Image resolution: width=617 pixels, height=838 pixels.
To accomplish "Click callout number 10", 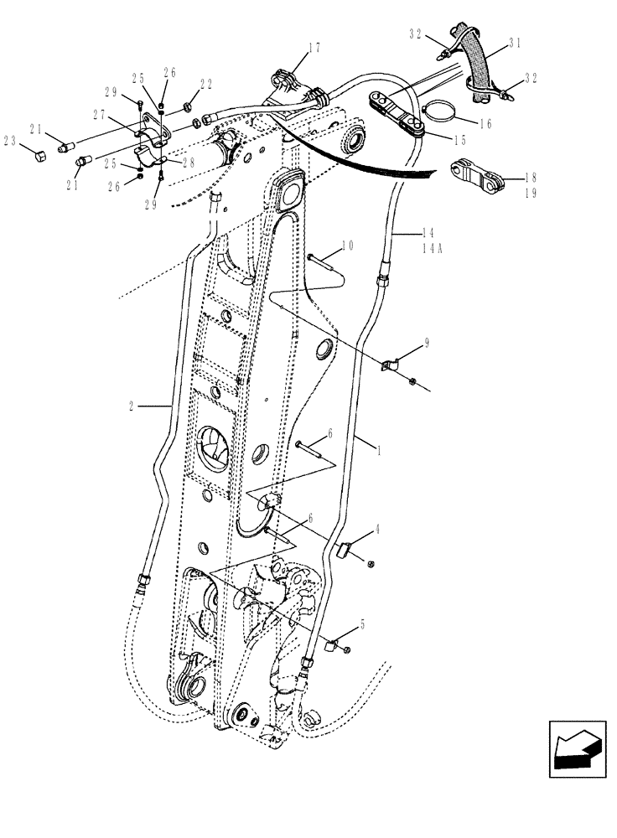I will [348, 246].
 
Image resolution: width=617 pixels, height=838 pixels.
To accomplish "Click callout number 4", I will [378, 530].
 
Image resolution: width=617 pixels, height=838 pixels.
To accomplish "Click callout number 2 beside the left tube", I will [132, 406].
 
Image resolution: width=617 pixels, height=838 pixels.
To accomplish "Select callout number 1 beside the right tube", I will [379, 451].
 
